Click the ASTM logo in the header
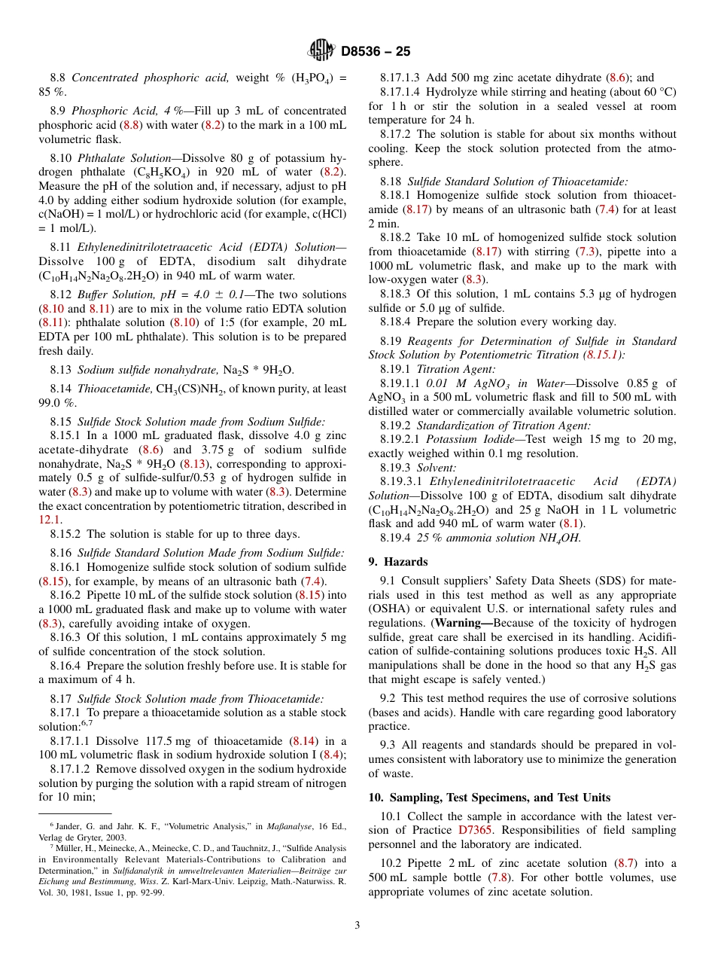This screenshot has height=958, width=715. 321,50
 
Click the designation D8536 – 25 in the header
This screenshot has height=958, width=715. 376,51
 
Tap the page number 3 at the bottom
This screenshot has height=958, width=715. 357,926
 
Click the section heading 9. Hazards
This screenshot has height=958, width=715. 397,562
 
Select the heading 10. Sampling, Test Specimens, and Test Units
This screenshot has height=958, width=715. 489,798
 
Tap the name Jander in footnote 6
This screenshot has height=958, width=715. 64,827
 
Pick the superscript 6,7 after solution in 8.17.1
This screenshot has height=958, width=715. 87,723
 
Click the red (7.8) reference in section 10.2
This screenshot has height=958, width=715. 498,877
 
